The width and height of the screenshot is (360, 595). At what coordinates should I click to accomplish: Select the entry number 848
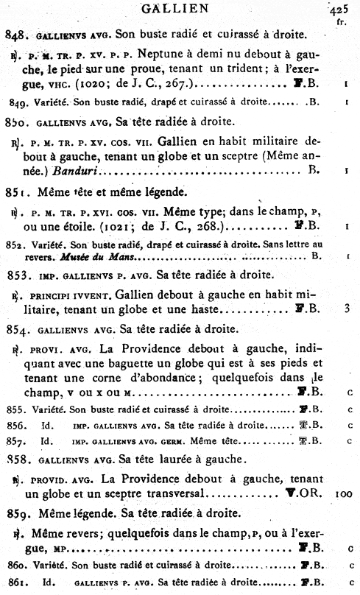click(x=15, y=34)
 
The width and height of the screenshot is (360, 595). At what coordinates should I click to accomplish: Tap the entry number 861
click(x=14, y=584)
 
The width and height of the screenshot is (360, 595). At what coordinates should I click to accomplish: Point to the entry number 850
click(x=15, y=122)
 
